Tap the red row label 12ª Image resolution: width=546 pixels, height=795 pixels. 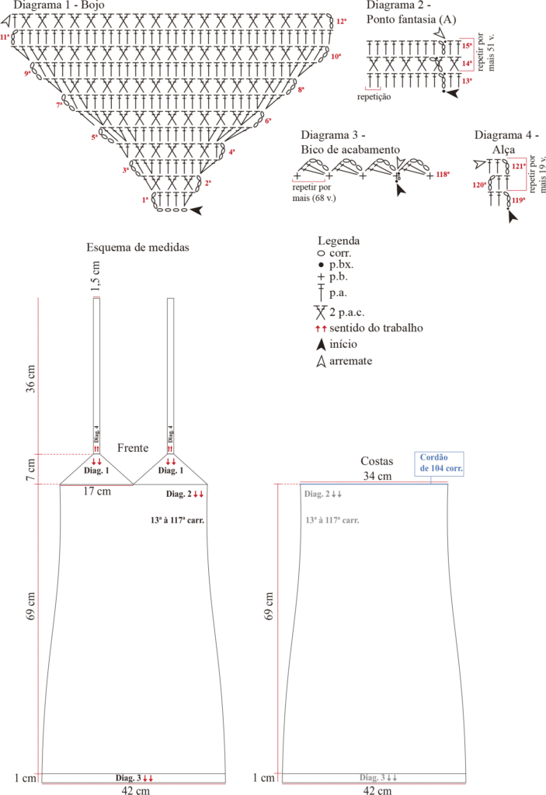click(341, 21)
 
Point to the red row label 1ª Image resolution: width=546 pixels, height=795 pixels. click(145, 200)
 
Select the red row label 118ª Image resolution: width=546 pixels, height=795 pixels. click(443, 175)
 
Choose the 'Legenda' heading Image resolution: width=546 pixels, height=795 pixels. click(339, 241)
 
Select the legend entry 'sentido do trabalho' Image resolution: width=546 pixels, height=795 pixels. click(376, 328)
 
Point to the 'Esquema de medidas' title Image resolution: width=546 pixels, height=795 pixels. click(138, 248)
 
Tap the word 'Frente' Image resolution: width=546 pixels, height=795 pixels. click(133, 449)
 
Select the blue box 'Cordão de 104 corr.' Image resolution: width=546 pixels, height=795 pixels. click(439, 463)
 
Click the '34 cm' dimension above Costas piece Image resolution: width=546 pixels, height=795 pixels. click(377, 475)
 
